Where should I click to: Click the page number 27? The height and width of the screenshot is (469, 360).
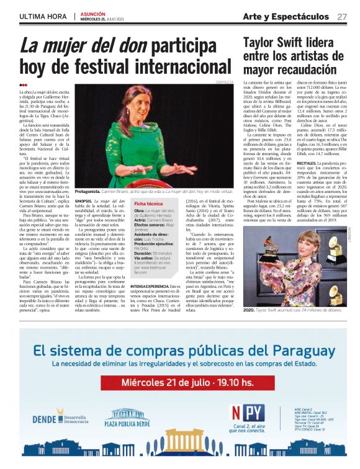pyautogui.click(x=342, y=16)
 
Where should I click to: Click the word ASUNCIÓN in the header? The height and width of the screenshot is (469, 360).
pyautogui.click(x=92, y=13)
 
